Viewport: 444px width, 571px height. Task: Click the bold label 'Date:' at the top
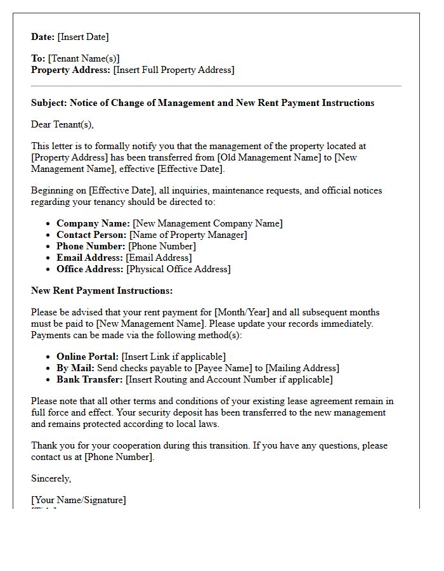tap(43, 37)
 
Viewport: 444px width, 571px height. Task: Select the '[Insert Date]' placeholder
tap(83, 37)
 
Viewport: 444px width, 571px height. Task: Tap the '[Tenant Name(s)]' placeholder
tap(84, 58)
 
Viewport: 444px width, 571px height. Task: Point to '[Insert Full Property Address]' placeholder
tap(174, 70)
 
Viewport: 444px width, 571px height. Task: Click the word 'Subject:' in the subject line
tap(49, 103)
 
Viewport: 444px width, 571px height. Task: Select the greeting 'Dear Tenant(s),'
tap(62, 124)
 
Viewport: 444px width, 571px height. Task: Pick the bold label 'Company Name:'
tap(93, 223)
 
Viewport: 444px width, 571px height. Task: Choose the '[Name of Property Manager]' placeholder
tap(188, 235)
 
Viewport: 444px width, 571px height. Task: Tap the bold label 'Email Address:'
tap(90, 258)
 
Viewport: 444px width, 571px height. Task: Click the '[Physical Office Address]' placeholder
tap(179, 269)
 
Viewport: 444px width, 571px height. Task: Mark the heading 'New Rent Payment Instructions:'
tap(101, 291)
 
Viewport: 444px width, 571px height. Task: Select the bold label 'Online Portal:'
tap(88, 357)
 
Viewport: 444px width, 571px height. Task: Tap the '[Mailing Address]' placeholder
tap(303, 368)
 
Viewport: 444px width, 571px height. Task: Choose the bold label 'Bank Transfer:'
tap(90, 379)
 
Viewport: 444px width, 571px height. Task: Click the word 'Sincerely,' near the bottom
tap(51, 478)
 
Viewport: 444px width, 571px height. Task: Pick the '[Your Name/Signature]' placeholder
tap(79, 500)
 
